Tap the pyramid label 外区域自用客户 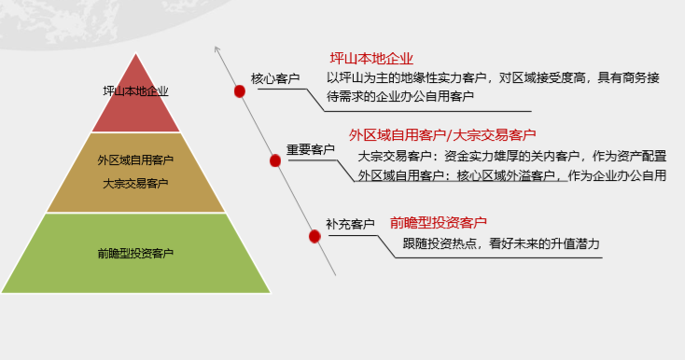[135, 159]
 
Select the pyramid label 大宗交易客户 [135, 183]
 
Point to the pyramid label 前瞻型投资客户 [135, 253]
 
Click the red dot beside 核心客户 [240, 90]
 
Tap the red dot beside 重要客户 [275, 160]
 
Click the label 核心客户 [275, 79]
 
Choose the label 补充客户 [350, 224]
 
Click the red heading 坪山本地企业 [371, 59]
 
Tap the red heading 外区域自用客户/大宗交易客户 [442, 134]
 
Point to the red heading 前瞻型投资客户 [439, 222]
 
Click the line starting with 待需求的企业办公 [399, 96]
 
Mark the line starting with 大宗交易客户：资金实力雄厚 [510, 156]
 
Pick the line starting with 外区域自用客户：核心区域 [510, 174]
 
